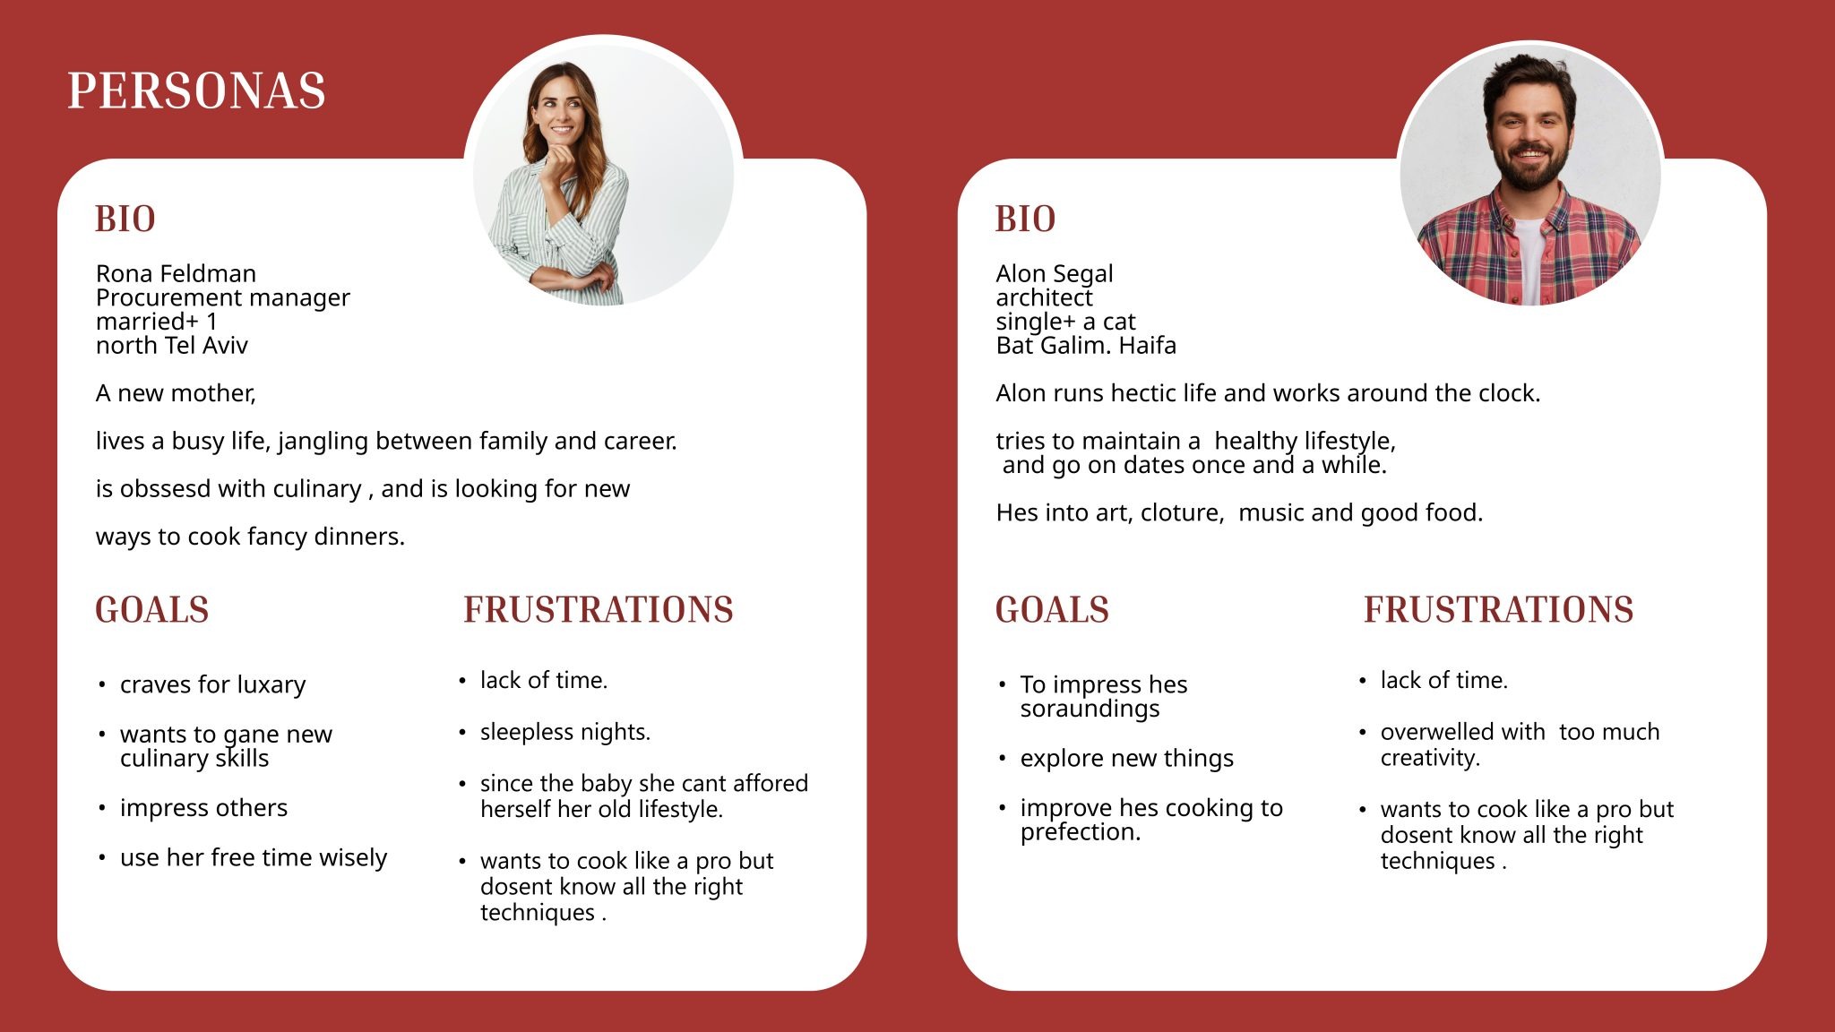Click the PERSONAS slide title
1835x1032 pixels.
(196, 91)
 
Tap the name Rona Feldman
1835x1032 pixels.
(176, 273)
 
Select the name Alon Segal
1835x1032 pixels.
(1054, 274)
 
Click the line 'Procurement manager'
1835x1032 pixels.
(222, 298)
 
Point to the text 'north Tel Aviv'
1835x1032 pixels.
(171, 346)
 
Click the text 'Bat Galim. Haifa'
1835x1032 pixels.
(1085, 346)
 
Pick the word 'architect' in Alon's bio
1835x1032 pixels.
(1044, 297)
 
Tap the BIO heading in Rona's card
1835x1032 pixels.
(125, 219)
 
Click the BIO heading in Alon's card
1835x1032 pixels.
(1025, 219)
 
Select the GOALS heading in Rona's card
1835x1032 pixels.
(152, 610)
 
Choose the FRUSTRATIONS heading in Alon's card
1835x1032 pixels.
(1498, 610)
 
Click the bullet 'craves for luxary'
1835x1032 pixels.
(212, 685)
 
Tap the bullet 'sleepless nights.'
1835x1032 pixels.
(564, 732)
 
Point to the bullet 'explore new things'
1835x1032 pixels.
(1126, 759)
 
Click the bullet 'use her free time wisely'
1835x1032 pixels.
(253, 858)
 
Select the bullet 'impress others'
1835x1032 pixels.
(203, 808)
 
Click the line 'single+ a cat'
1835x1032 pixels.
(1065, 322)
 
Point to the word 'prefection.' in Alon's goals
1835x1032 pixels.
(1080, 832)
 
